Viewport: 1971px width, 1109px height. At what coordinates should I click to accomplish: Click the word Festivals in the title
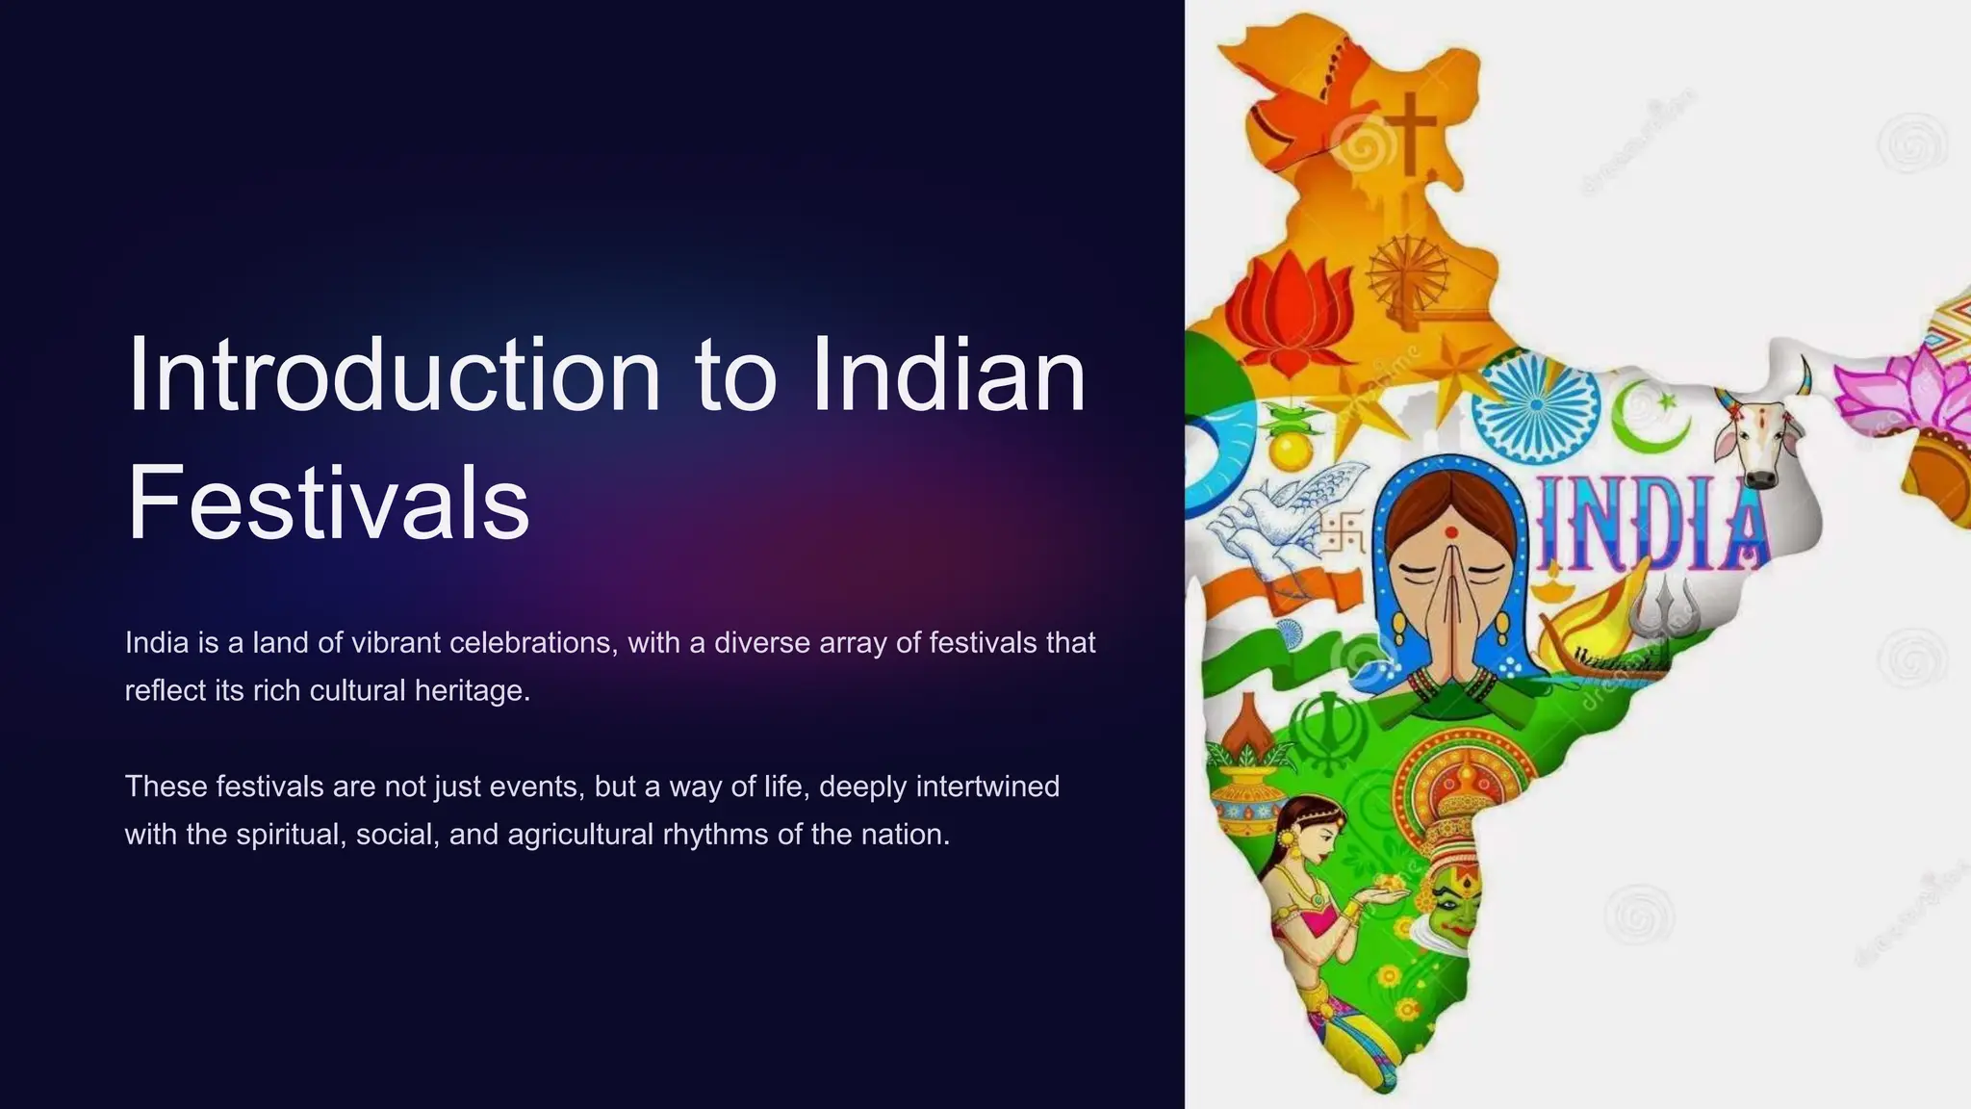(328, 502)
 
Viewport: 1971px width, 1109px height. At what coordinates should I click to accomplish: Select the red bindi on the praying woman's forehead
(1450, 530)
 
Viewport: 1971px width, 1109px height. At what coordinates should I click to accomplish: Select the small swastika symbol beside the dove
(1342, 532)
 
